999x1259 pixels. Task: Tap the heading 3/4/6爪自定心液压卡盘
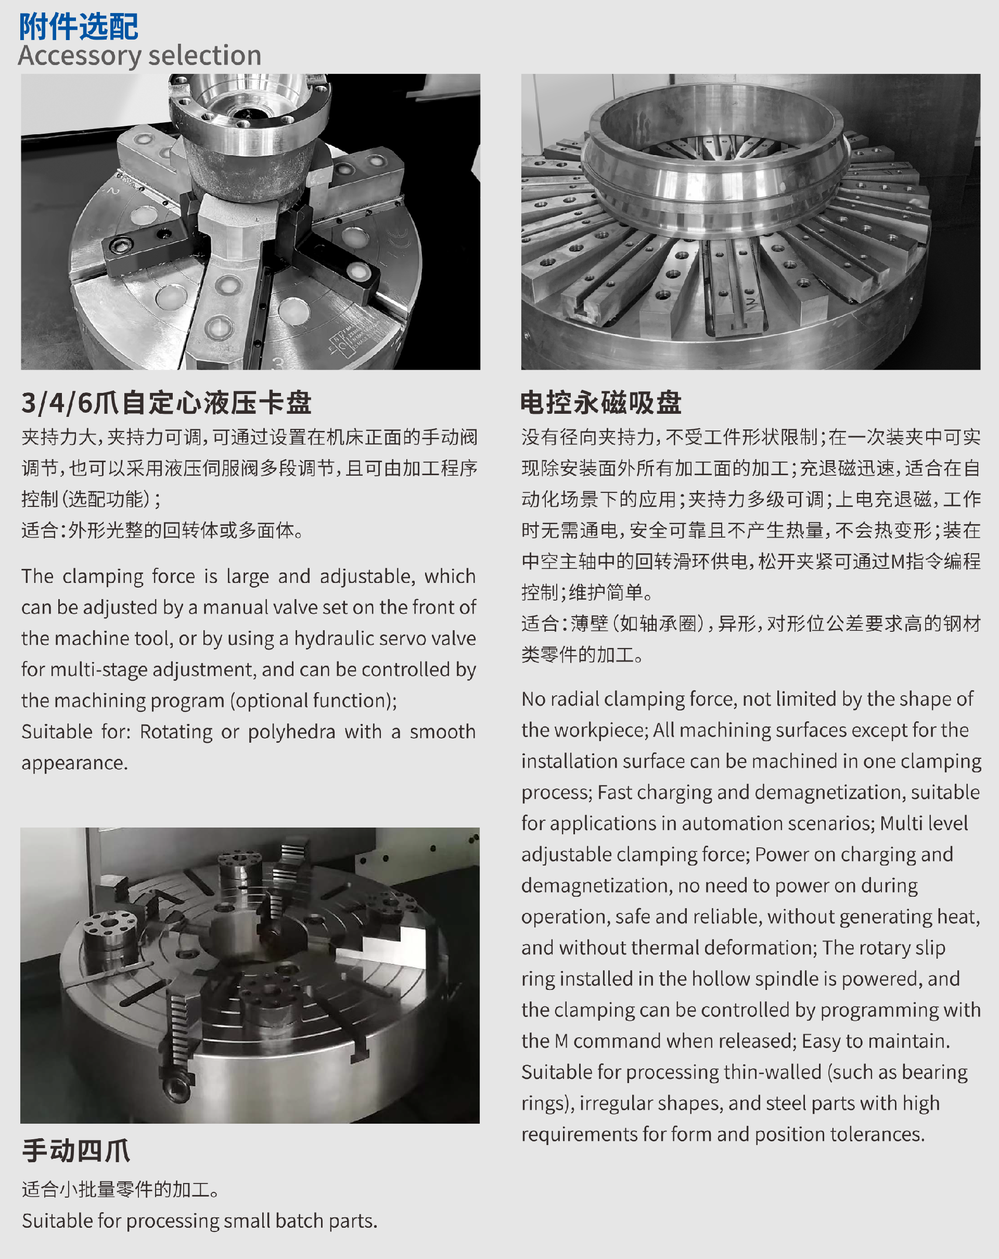[166, 403]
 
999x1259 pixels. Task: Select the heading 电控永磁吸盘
[601, 403]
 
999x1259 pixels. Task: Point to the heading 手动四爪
[76, 1150]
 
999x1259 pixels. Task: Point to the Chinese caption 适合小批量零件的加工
[120, 1189]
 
